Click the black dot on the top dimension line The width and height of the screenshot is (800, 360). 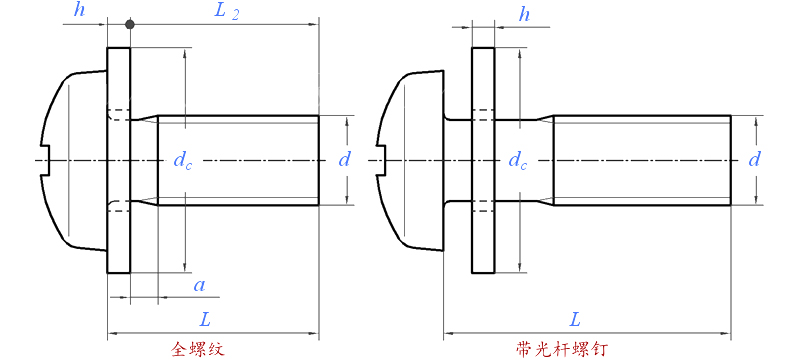[130, 24]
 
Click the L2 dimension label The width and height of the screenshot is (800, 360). [226, 12]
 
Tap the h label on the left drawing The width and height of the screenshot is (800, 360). [79, 10]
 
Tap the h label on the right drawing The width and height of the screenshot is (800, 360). [524, 15]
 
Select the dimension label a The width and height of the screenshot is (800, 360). [199, 286]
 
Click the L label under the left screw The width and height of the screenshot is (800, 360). [205, 320]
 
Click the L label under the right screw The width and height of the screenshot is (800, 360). [575, 320]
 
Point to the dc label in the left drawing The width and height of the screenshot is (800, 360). [183, 161]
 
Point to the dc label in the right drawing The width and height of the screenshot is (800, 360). [518, 161]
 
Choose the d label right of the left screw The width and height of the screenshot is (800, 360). [345, 160]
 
